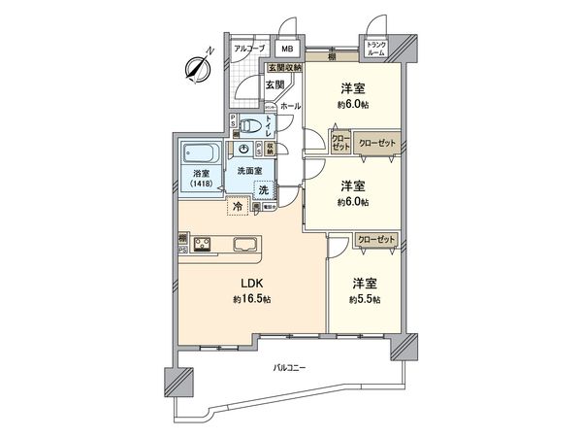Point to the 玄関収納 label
[x=284, y=67]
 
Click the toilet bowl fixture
[x=252, y=124]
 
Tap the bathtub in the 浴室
[x=200, y=153]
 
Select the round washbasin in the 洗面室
[x=243, y=149]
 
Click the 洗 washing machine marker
[x=264, y=190]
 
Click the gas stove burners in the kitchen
[x=203, y=243]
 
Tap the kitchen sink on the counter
[x=242, y=243]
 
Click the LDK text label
[x=250, y=285]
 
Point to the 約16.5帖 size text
[x=250, y=300]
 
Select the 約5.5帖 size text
[x=366, y=300]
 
